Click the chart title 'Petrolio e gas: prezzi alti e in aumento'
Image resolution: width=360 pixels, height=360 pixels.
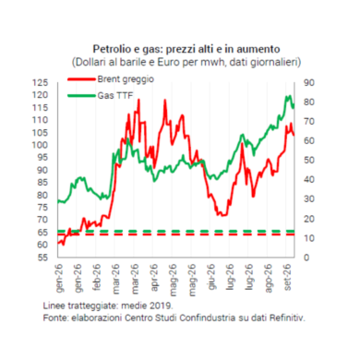click(186, 49)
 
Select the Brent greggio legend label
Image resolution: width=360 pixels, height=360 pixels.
click(126, 79)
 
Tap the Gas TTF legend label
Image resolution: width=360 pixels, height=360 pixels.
click(115, 96)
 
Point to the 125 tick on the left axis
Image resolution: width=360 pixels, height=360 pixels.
click(41, 83)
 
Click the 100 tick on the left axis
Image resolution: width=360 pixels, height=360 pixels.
click(41, 145)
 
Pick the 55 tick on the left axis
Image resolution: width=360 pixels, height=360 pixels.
click(43, 258)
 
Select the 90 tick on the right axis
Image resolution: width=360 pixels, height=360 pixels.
click(309, 83)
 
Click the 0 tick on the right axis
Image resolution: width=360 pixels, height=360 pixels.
click(306, 258)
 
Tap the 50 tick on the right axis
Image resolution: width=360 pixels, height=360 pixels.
click(309, 161)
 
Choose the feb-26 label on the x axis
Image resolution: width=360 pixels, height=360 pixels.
click(97, 277)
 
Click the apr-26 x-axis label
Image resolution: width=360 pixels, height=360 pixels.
click(154, 277)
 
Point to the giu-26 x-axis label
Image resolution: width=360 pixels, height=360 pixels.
click(211, 276)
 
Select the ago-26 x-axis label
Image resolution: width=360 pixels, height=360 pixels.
click(269, 278)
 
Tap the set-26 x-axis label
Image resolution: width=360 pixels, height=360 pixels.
click(288, 277)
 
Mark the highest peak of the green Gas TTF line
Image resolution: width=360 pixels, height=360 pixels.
click(288, 96)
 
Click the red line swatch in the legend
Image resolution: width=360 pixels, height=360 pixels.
click(81, 79)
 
